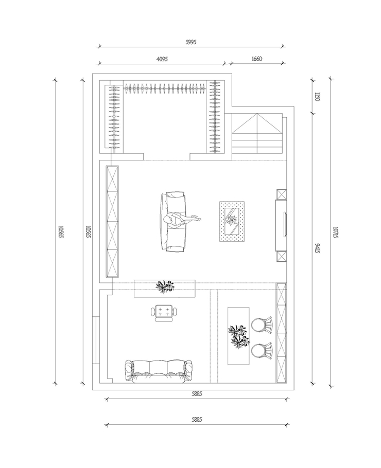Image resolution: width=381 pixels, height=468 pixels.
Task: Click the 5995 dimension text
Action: pos(190,42)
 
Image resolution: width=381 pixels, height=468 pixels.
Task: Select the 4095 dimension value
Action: pos(162,59)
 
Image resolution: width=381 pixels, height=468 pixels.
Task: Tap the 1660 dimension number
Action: pos(256,59)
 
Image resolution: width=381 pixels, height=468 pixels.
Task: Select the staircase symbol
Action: pos(257,133)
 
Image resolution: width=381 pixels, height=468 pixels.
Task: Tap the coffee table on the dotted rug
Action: pos(232,221)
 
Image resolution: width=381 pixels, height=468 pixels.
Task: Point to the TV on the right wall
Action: pos(284,224)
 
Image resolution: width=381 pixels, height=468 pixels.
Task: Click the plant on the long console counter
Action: pos(165,287)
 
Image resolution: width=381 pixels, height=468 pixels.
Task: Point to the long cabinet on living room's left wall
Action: pos(112,221)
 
